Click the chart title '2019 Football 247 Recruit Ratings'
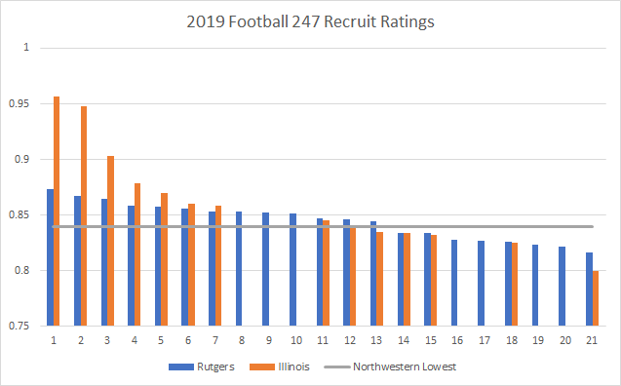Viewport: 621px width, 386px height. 310,19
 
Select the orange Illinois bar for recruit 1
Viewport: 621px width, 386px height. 57,211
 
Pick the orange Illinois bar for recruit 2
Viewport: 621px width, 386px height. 84,215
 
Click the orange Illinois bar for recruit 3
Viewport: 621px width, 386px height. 110,240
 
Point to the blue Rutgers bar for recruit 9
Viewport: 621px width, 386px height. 265,269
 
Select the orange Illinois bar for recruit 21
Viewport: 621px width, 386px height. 596,298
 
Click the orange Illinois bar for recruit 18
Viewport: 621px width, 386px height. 515,284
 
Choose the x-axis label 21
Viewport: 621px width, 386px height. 592,341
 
